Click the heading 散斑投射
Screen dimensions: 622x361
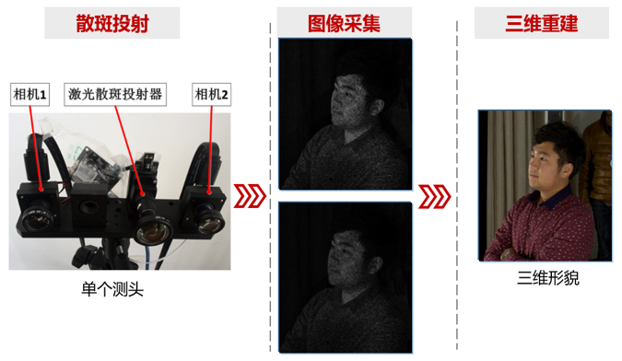tap(112, 23)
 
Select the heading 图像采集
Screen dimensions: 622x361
tap(344, 23)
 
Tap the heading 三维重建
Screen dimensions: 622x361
tap(542, 23)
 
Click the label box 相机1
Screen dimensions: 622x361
tap(29, 94)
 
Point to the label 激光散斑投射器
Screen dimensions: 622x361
tap(115, 94)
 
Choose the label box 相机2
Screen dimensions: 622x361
tap(211, 94)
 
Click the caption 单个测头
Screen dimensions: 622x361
tap(112, 289)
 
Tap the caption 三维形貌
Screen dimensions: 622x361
tap(548, 278)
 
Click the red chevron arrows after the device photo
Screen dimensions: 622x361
tap(250, 196)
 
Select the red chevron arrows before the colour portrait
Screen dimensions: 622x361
tap(435, 196)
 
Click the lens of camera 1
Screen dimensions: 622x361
tap(38, 218)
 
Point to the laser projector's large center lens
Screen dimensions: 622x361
tap(153, 231)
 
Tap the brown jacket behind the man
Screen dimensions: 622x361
tap(598, 158)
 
